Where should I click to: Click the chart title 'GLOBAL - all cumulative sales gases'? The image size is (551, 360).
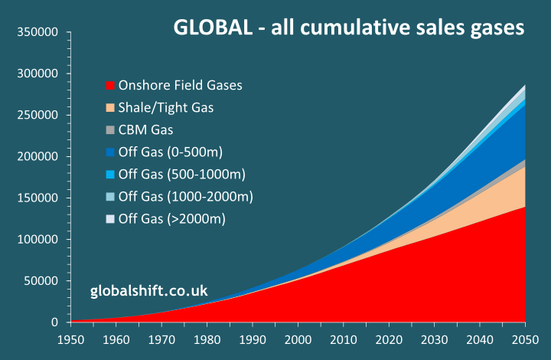tap(349, 28)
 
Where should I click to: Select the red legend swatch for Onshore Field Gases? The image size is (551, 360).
tap(110, 85)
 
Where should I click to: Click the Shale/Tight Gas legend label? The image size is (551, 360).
tap(166, 108)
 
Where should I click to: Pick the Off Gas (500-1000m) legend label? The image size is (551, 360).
tap(183, 175)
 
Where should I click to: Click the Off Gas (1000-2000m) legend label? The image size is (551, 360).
tap(186, 197)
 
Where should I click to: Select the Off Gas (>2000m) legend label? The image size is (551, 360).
tap(173, 220)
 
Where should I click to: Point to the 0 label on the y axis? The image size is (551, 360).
tap(56, 322)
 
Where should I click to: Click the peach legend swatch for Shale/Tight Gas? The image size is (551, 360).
tap(110, 108)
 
